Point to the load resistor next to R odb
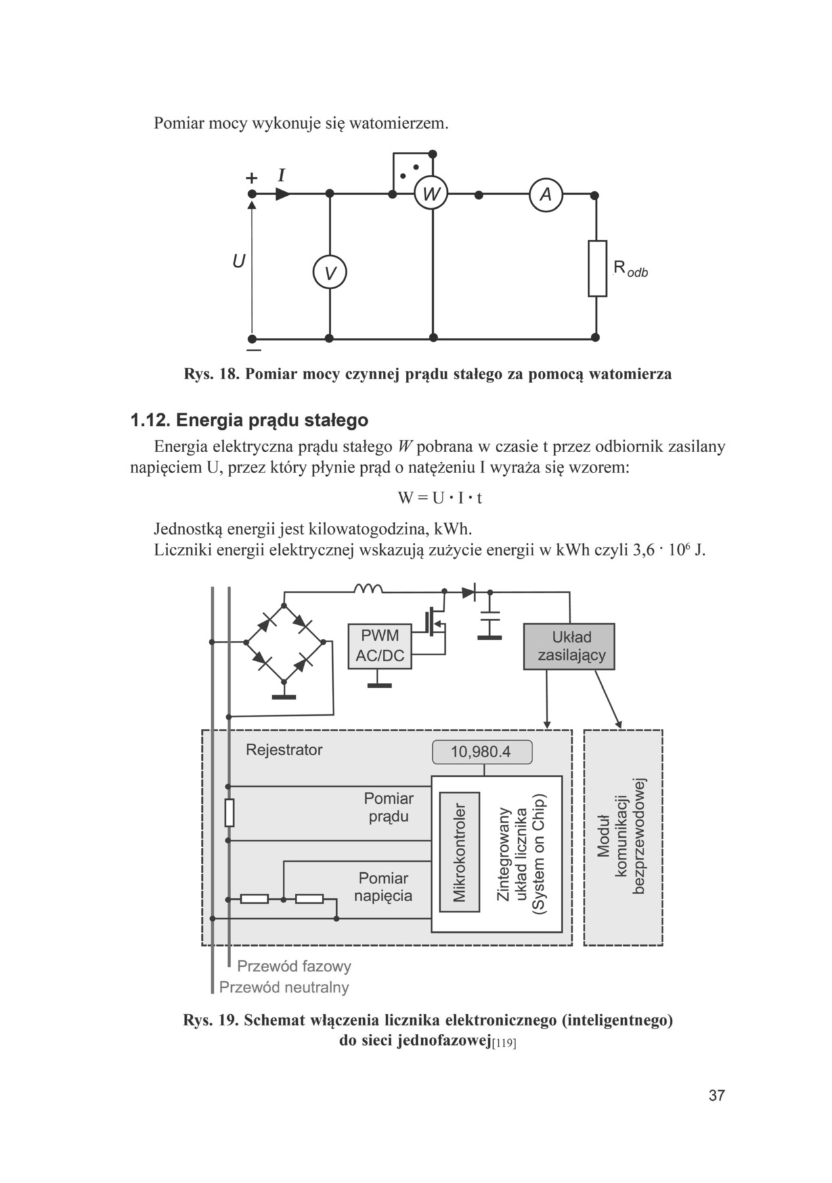coord(597,268)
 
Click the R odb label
coord(630,268)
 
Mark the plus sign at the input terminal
coord(252,178)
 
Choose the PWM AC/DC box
coord(380,646)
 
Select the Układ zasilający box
coord(569,647)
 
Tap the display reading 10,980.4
coord(481,752)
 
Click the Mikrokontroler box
coord(460,852)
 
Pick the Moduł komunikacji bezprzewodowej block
coord(623,837)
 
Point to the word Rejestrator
coord(284,750)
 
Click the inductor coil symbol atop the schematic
coord(368,588)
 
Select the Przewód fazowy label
coord(294,966)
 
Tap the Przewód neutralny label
coord(284,987)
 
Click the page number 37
coord(716,1096)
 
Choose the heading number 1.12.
coord(150,420)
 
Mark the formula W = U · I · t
coord(440,498)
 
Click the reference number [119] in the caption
coord(504,1044)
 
